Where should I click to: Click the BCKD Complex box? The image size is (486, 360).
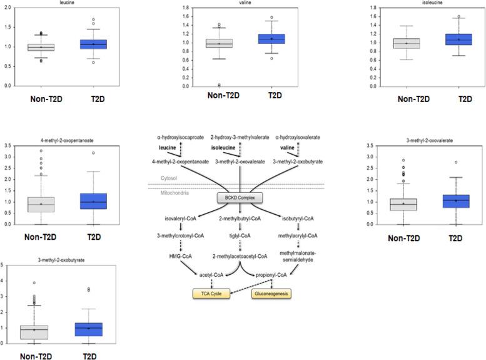[x=240, y=197]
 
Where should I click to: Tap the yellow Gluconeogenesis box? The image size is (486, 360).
[x=271, y=292]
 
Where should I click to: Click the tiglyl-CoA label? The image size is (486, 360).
[x=240, y=235]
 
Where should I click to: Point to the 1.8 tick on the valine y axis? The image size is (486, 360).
[x=186, y=8]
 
